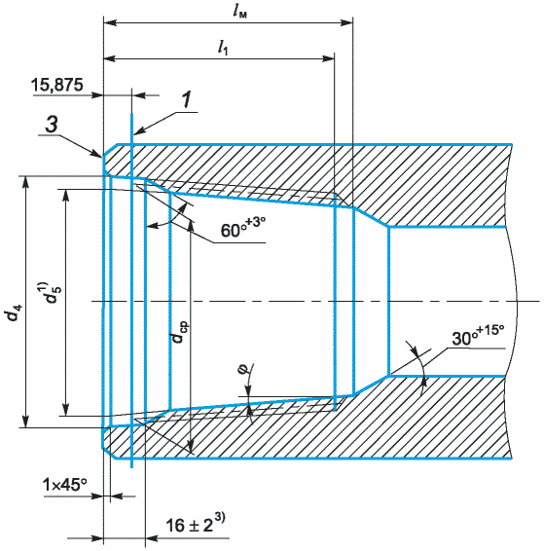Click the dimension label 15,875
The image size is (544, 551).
(57, 85)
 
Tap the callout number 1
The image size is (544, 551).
(187, 99)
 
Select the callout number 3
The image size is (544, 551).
(52, 125)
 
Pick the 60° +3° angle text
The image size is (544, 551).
(242, 228)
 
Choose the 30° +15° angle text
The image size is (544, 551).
(478, 335)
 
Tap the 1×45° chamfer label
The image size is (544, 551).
(65, 485)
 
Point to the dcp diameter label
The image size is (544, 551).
(179, 331)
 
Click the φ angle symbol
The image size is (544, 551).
(246, 369)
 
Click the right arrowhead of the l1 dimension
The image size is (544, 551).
(327, 58)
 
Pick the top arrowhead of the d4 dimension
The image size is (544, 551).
(25, 183)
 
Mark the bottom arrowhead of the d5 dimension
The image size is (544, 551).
(65, 409)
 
